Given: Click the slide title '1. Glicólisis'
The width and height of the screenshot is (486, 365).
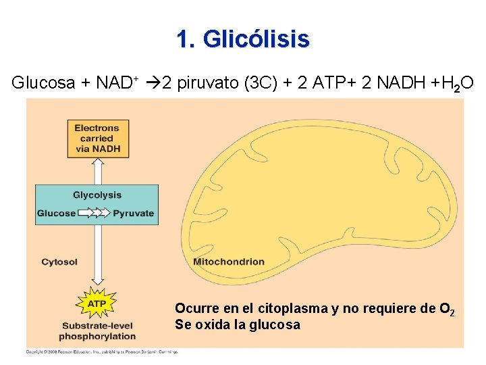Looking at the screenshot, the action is coord(243,39).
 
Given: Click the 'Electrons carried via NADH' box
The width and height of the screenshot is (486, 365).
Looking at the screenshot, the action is coord(97,139).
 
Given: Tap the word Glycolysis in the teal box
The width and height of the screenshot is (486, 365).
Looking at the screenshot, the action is coord(97,195).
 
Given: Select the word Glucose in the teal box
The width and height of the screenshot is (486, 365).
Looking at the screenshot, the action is coord(56,213).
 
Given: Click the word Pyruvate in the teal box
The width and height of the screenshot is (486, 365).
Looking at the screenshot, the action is coord(134,213).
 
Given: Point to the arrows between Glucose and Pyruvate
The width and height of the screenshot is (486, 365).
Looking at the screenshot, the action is coord(94,213).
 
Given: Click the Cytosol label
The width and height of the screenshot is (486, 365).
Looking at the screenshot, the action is coord(59,262).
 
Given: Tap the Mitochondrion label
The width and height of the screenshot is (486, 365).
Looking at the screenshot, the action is coord(229,262).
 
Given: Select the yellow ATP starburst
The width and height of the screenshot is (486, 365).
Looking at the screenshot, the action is coord(97,304).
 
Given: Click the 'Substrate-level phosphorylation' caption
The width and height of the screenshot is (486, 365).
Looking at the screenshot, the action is coord(97,331).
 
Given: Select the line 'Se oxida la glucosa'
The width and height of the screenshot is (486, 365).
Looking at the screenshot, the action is coord(238,324).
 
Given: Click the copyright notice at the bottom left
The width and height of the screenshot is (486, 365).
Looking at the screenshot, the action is coord(101,352).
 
